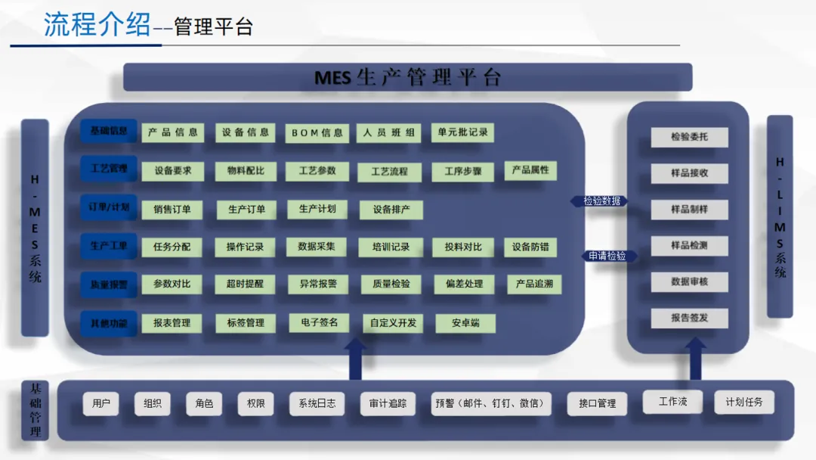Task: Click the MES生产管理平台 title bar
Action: [x=408, y=77]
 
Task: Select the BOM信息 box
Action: [x=317, y=132]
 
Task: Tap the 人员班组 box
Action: [x=388, y=132]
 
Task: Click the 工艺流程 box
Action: [x=389, y=172]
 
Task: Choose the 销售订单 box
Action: [x=172, y=210]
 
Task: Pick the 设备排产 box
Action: [x=391, y=210]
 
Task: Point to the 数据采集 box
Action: [x=317, y=247]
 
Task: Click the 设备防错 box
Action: [x=530, y=247]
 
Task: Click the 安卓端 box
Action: [x=465, y=323]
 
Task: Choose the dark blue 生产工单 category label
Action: [x=109, y=246]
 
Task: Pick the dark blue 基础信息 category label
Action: [x=109, y=131]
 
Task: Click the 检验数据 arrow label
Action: [x=602, y=201]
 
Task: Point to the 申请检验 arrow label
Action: [x=608, y=256]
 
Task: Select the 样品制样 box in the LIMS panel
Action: [x=689, y=210]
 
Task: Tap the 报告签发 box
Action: [x=689, y=318]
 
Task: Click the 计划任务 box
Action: [x=744, y=402]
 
